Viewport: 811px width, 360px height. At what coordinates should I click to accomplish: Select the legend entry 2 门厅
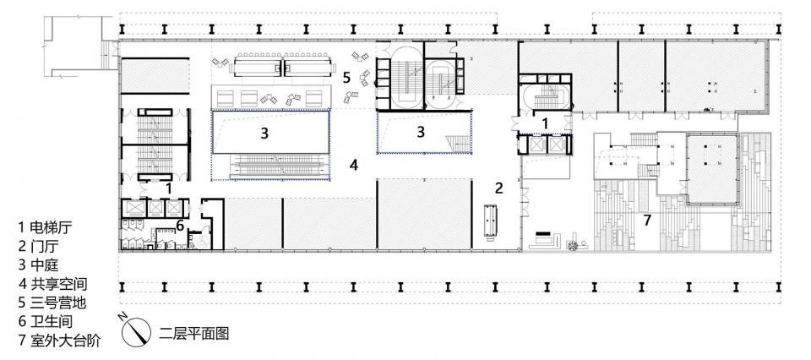pos(38,247)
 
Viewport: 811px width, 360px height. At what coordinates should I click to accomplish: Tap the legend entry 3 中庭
pos(38,265)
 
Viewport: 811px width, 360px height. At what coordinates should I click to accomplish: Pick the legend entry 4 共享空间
pos(52,284)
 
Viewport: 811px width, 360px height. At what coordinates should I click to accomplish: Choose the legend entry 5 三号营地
pos(52,303)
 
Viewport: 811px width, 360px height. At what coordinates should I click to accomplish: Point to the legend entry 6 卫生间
pos(45,321)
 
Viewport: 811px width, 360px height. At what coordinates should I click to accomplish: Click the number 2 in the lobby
pos(498,188)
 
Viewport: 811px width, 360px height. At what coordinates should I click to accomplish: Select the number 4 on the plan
pos(354,165)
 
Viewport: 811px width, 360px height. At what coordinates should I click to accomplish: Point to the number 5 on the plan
pos(346,78)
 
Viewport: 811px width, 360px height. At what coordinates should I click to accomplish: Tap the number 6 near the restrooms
pos(180,225)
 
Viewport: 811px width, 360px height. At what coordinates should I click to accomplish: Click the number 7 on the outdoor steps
pos(647,220)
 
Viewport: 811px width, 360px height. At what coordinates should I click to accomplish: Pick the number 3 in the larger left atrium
pos(264,134)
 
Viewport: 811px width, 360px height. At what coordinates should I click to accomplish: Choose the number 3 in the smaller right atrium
pos(421,132)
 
